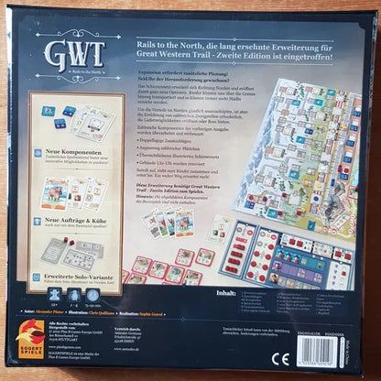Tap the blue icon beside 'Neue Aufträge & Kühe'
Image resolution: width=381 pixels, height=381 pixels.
tap(37, 220)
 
